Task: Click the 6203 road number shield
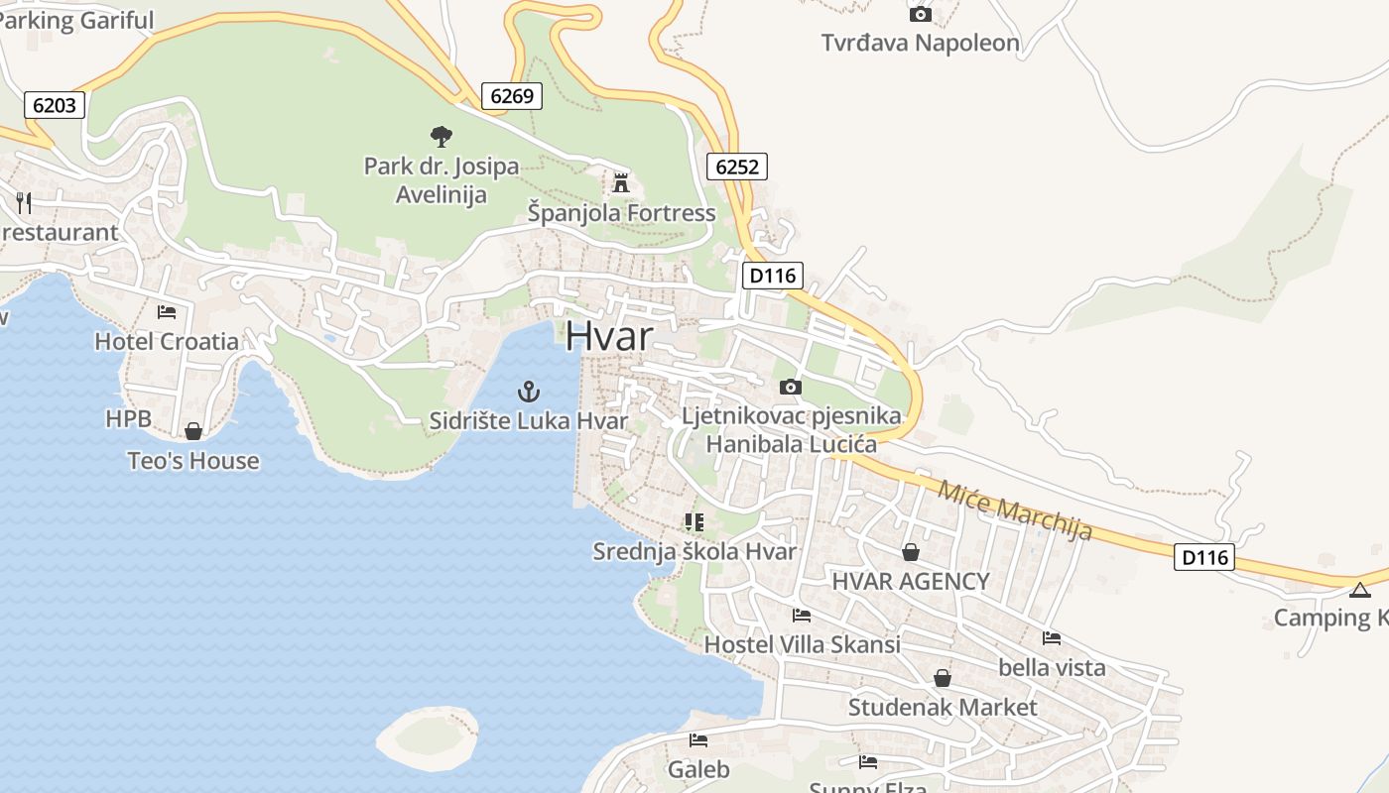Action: (54, 105)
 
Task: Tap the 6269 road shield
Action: (512, 96)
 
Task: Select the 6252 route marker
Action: (737, 167)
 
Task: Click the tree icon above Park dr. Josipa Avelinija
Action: (442, 137)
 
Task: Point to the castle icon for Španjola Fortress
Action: (621, 183)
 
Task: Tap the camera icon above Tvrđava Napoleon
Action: (921, 14)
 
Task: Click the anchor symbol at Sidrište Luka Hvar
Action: (529, 392)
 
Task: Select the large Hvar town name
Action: (609, 337)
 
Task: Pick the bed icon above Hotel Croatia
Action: (167, 312)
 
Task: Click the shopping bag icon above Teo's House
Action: (193, 431)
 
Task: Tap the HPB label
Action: (129, 419)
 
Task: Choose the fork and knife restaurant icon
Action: (24, 203)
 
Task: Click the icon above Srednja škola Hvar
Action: (694, 522)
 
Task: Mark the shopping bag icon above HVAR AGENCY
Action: (911, 552)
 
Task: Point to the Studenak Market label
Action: (942, 708)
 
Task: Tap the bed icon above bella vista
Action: (1052, 638)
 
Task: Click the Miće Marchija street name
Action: (1015, 510)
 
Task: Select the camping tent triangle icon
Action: (1360, 591)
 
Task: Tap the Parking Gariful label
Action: (77, 20)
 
